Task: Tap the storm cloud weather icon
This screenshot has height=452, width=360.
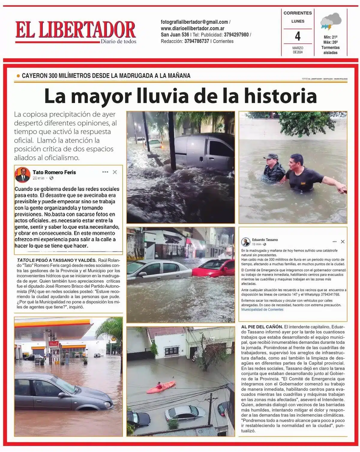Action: click(x=331, y=22)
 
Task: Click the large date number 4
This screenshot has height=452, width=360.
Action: click(x=298, y=37)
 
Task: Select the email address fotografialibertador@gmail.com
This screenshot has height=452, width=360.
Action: click(x=194, y=22)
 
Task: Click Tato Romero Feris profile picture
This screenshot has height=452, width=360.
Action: click(x=22, y=175)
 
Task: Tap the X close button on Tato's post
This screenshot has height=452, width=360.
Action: click(x=115, y=172)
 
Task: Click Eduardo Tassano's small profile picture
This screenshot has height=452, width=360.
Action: click(x=246, y=242)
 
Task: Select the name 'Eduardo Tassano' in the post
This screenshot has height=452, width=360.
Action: click(x=265, y=240)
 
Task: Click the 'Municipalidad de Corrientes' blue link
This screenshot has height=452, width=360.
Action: click(x=262, y=309)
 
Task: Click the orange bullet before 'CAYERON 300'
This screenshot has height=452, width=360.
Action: click(x=18, y=76)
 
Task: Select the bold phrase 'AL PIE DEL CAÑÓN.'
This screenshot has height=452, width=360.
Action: click(x=262, y=326)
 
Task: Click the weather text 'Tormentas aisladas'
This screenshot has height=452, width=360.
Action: click(x=330, y=50)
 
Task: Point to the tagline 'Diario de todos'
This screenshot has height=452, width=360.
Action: click(x=118, y=41)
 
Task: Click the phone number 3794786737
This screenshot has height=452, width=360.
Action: click(x=196, y=41)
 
